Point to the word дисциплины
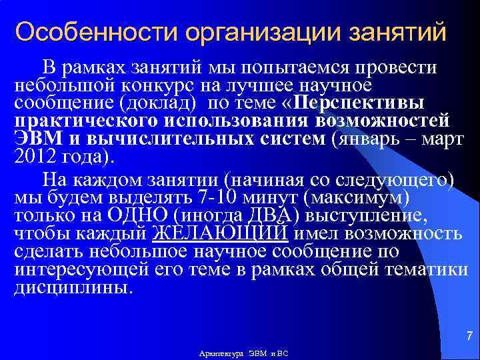click(x=73, y=289)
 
